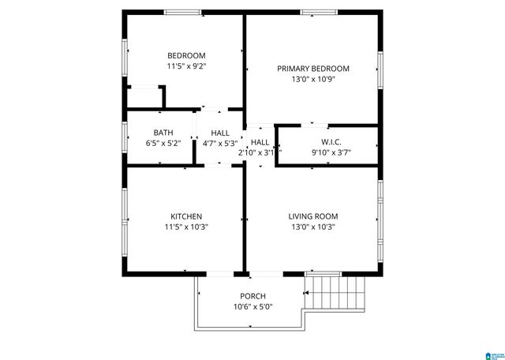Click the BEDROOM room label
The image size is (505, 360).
(186, 55)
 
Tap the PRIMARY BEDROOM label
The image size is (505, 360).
(312, 69)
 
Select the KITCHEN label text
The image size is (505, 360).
(186, 216)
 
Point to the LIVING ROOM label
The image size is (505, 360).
(312, 216)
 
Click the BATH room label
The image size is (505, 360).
(163, 133)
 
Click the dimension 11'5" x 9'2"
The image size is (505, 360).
(186, 66)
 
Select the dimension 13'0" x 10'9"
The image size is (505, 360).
(312, 79)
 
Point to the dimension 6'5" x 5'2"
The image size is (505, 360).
(163, 144)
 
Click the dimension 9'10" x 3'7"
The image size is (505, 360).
(331, 152)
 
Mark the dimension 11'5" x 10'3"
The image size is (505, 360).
(186, 227)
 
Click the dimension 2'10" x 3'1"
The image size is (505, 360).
(256, 152)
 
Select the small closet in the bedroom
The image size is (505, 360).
(144, 96)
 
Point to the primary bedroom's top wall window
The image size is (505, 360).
(315, 12)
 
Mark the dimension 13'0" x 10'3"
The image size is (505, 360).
(312, 227)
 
